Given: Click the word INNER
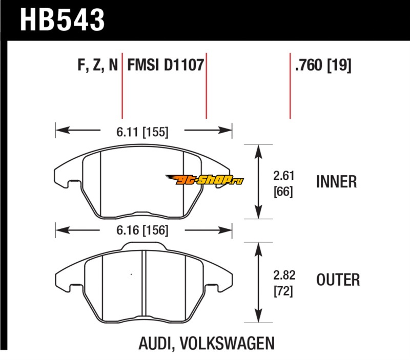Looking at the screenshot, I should click(336, 182).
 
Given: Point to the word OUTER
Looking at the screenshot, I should click(338, 280).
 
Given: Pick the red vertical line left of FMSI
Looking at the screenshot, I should click(122, 84).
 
